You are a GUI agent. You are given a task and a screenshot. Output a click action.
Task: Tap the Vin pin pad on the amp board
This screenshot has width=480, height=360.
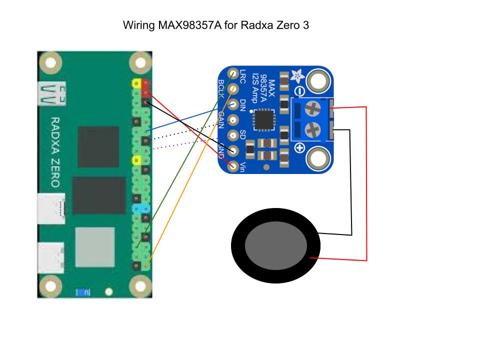232,165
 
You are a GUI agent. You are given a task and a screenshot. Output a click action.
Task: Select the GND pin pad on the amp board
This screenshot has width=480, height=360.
233,150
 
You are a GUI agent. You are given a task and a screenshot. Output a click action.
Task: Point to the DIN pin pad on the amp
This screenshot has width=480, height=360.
233,105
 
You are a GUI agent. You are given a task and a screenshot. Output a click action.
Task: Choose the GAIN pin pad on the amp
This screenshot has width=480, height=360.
233,120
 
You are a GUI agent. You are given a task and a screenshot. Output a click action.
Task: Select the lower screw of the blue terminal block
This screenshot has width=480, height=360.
313,129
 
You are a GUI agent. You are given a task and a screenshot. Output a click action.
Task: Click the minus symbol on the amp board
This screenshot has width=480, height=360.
299,91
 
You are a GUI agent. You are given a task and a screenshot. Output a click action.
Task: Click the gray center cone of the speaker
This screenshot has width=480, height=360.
275,244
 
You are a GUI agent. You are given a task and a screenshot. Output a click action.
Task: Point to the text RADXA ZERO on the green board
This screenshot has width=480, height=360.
55,152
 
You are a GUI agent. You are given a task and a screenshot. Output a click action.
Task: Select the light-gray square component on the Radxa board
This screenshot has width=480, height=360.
95,246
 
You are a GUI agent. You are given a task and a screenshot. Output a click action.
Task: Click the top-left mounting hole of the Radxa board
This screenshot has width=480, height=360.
50,63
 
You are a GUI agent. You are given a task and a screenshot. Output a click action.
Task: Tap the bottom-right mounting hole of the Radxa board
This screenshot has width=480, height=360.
140,286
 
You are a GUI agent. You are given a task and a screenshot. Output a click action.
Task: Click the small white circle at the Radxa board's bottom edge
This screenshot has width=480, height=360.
108,291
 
